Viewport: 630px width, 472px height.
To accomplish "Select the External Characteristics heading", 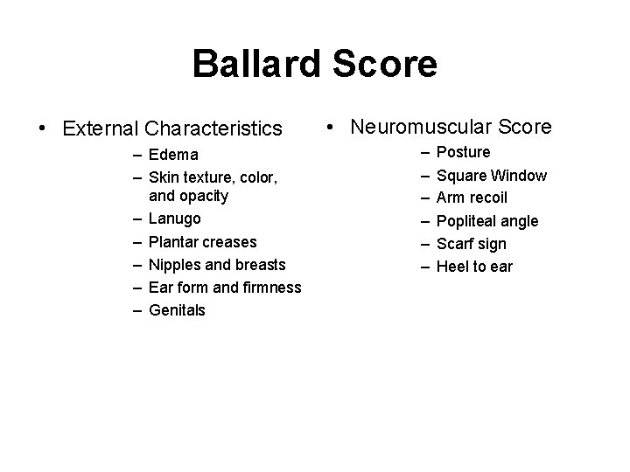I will [x=172, y=129].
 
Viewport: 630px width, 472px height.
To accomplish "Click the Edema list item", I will [x=173, y=156].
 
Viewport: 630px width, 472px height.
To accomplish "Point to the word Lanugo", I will [x=175, y=219].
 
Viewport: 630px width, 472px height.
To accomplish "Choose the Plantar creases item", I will [x=203, y=241].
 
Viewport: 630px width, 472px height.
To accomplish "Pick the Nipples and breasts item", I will [x=218, y=264].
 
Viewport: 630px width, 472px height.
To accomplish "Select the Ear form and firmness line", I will [x=225, y=287].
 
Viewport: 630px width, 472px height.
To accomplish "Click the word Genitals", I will [x=178, y=309].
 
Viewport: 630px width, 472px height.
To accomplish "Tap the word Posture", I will [x=463, y=153].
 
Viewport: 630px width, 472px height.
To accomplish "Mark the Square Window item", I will [x=491, y=176].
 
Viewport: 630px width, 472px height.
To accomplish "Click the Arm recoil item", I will [x=472, y=198].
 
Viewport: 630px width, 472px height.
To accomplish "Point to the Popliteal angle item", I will [x=487, y=221].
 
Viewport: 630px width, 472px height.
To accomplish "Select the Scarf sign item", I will [x=471, y=244].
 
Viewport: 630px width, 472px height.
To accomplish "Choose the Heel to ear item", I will [x=474, y=267].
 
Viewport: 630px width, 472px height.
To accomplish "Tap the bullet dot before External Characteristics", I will [x=42, y=129].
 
